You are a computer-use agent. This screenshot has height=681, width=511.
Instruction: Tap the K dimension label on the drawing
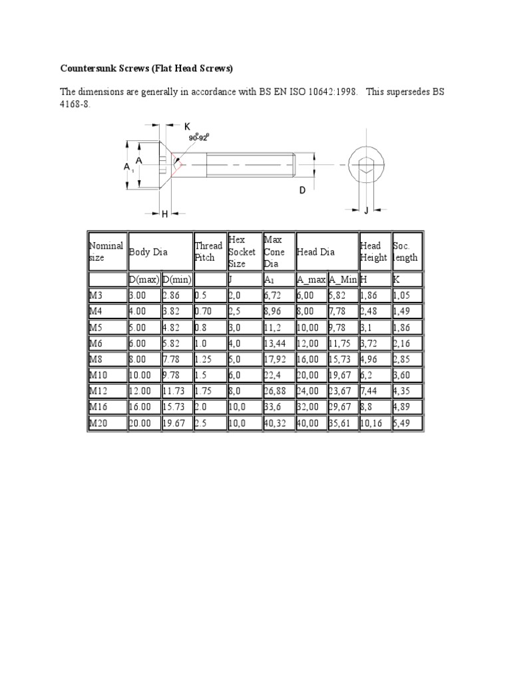pos(187,126)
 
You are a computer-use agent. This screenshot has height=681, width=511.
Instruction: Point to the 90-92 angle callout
pos(198,138)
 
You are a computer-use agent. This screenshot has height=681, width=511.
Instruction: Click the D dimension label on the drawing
pos(302,190)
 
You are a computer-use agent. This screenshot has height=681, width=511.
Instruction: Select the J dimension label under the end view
pos(365,211)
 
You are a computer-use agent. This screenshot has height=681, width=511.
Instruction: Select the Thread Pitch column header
pos(208,251)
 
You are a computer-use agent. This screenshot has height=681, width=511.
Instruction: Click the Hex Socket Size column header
pos(242,251)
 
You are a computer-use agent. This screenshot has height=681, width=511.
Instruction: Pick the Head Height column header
pos(373,251)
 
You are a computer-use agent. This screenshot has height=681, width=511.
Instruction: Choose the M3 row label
pos(96,295)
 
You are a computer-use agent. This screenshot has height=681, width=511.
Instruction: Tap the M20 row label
pos(99,423)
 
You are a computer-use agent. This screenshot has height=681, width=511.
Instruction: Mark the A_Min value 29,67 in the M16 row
pos(341,407)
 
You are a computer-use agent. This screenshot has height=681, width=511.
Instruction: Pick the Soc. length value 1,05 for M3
pos(404,295)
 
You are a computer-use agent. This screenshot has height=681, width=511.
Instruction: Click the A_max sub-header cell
pos(311,279)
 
